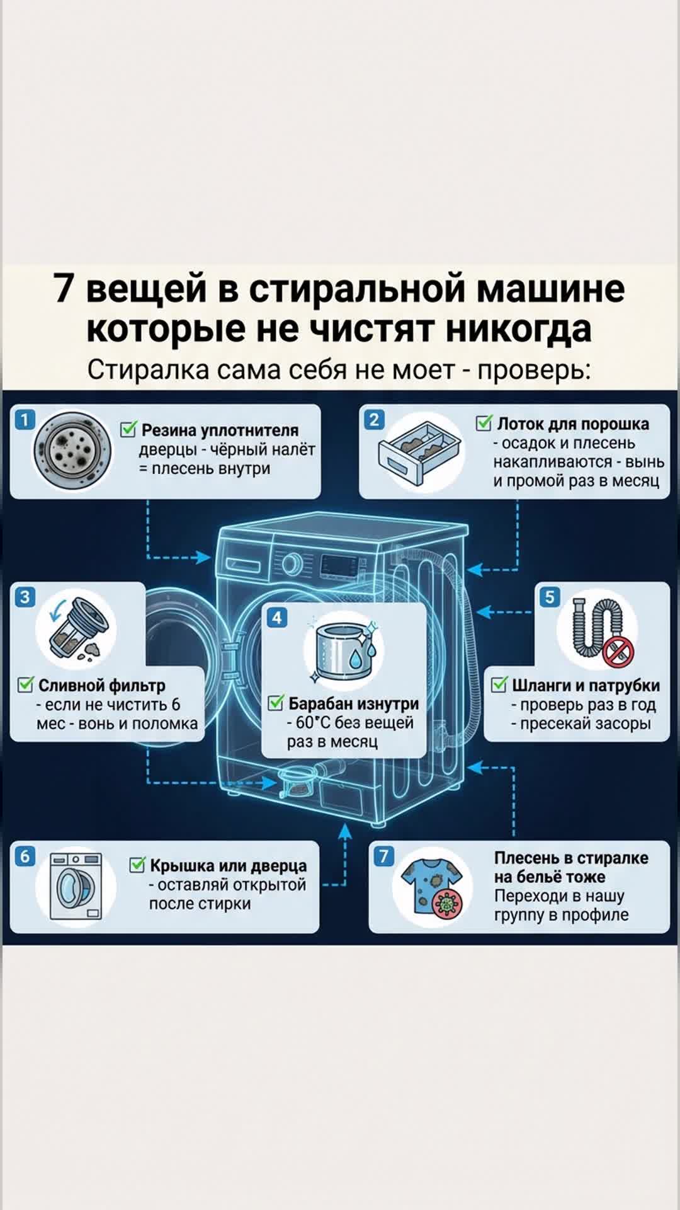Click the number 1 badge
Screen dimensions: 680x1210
point(25,419)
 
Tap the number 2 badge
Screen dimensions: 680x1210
point(374,419)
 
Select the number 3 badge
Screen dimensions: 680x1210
point(25,596)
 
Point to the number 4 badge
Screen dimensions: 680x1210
point(277,618)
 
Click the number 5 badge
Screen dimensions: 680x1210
point(550,596)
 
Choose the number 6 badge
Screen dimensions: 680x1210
point(25,856)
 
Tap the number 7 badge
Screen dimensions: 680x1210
point(383,856)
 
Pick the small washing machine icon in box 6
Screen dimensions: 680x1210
point(76,885)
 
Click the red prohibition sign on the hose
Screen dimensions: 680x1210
point(618,650)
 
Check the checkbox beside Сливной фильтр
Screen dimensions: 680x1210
point(26,684)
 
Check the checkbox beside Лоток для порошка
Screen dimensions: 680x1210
point(484,423)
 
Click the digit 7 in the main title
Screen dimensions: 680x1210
point(64,289)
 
